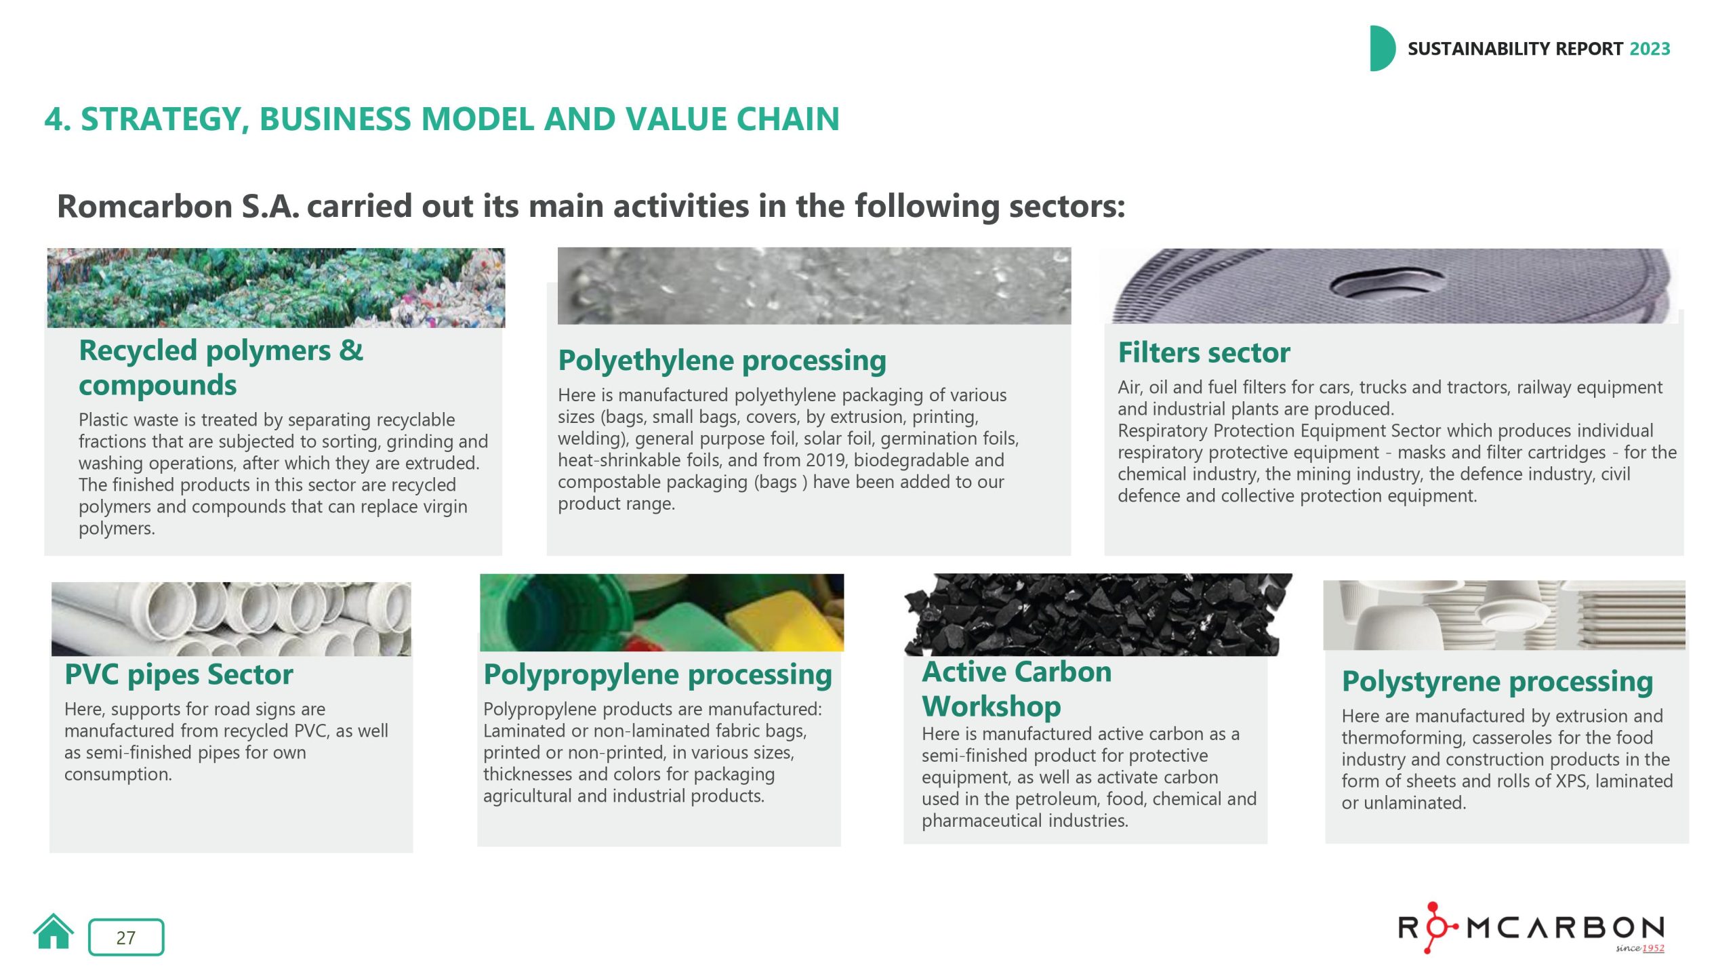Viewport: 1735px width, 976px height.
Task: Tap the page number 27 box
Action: (126, 937)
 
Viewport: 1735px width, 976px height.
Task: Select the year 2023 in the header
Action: (1650, 49)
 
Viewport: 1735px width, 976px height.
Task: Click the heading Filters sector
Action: (1204, 352)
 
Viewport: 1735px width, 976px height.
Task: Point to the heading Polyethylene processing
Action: (722, 361)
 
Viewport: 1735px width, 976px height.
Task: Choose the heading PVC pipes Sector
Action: (179, 674)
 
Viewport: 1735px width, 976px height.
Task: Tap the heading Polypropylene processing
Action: (657, 675)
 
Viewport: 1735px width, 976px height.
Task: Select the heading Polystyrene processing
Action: (1497, 682)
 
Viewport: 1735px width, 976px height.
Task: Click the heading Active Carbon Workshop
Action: (1017, 689)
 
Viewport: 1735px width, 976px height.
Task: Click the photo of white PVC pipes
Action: (231, 619)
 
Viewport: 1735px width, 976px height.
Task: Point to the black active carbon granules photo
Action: (1098, 615)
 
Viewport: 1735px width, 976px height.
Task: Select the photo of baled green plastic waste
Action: (276, 288)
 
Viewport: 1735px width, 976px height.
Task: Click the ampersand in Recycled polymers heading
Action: (351, 350)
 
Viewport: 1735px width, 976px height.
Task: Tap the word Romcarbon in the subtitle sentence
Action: (145, 206)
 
